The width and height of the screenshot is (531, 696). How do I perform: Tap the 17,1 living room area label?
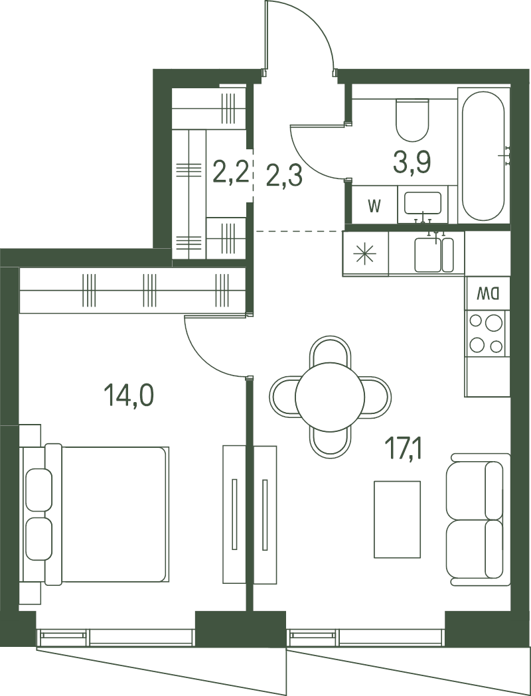404,448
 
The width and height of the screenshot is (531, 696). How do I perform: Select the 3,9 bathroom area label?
412,161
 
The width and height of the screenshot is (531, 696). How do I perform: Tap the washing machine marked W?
374,206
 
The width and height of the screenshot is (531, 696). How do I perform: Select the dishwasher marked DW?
488,292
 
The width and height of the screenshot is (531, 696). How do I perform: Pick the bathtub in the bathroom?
483,157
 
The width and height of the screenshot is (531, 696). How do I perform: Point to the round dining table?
330,397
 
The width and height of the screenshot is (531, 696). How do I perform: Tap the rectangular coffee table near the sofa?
397,519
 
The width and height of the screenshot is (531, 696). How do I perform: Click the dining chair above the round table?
330,350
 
